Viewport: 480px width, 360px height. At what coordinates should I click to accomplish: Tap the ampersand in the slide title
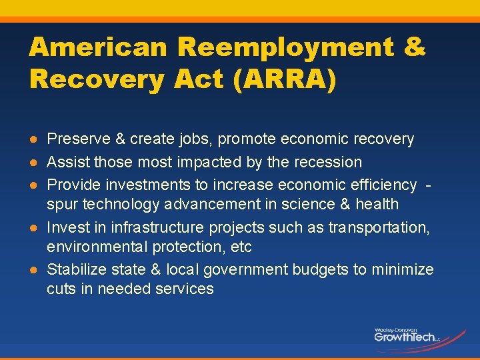pyautogui.click(x=415, y=47)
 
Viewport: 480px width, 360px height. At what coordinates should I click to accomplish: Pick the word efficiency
pyautogui.click(x=382, y=184)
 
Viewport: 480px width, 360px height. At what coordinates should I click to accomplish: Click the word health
pyautogui.click(x=377, y=204)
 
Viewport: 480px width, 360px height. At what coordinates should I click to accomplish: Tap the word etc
pyautogui.click(x=240, y=247)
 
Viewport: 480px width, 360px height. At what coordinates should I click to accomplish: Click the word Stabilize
pyautogui.click(x=73, y=269)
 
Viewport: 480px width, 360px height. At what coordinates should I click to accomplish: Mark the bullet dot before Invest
pyautogui.click(x=33, y=228)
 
